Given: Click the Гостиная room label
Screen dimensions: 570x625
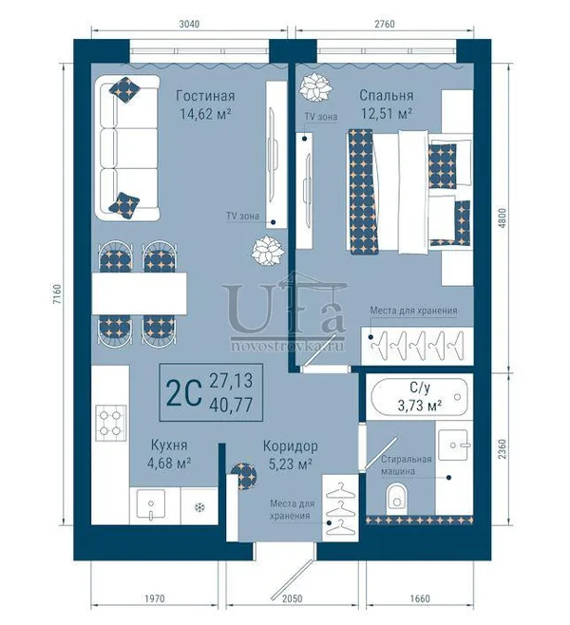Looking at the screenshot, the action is (x=205, y=96).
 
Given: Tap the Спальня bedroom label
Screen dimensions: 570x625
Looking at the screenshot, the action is (x=387, y=96).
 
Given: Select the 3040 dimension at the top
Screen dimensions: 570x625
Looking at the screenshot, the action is (x=189, y=24).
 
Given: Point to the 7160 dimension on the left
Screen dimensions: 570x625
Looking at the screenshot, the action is (x=57, y=294).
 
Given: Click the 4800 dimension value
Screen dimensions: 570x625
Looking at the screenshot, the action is (x=503, y=218).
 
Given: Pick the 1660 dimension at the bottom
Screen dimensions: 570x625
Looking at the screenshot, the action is (x=420, y=598).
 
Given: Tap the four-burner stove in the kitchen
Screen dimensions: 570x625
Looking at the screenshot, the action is (x=110, y=423).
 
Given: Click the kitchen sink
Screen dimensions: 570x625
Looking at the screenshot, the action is (x=151, y=505).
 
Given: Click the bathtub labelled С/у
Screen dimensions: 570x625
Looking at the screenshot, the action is (x=419, y=397).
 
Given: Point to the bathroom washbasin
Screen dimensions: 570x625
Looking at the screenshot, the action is (x=453, y=445).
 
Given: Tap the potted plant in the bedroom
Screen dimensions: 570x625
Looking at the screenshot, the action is (x=316, y=87).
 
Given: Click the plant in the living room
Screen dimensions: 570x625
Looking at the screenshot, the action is (x=268, y=251).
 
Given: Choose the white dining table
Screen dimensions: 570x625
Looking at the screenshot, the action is (x=140, y=294).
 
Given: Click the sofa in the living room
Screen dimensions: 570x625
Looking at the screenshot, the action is (x=127, y=148).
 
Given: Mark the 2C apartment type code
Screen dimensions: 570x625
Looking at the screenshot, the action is (x=183, y=392).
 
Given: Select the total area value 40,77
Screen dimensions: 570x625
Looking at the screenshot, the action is (x=231, y=405).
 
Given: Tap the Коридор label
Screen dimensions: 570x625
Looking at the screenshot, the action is (x=290, y=445).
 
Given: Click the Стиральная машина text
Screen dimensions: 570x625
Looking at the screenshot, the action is (x=407, y=465).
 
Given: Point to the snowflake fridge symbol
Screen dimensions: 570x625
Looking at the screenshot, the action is (x=199, y=507).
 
